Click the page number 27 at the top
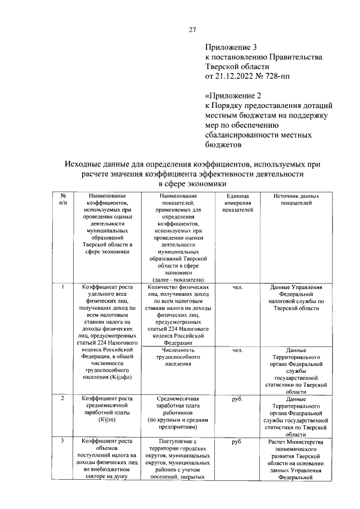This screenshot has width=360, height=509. (192, 30)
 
